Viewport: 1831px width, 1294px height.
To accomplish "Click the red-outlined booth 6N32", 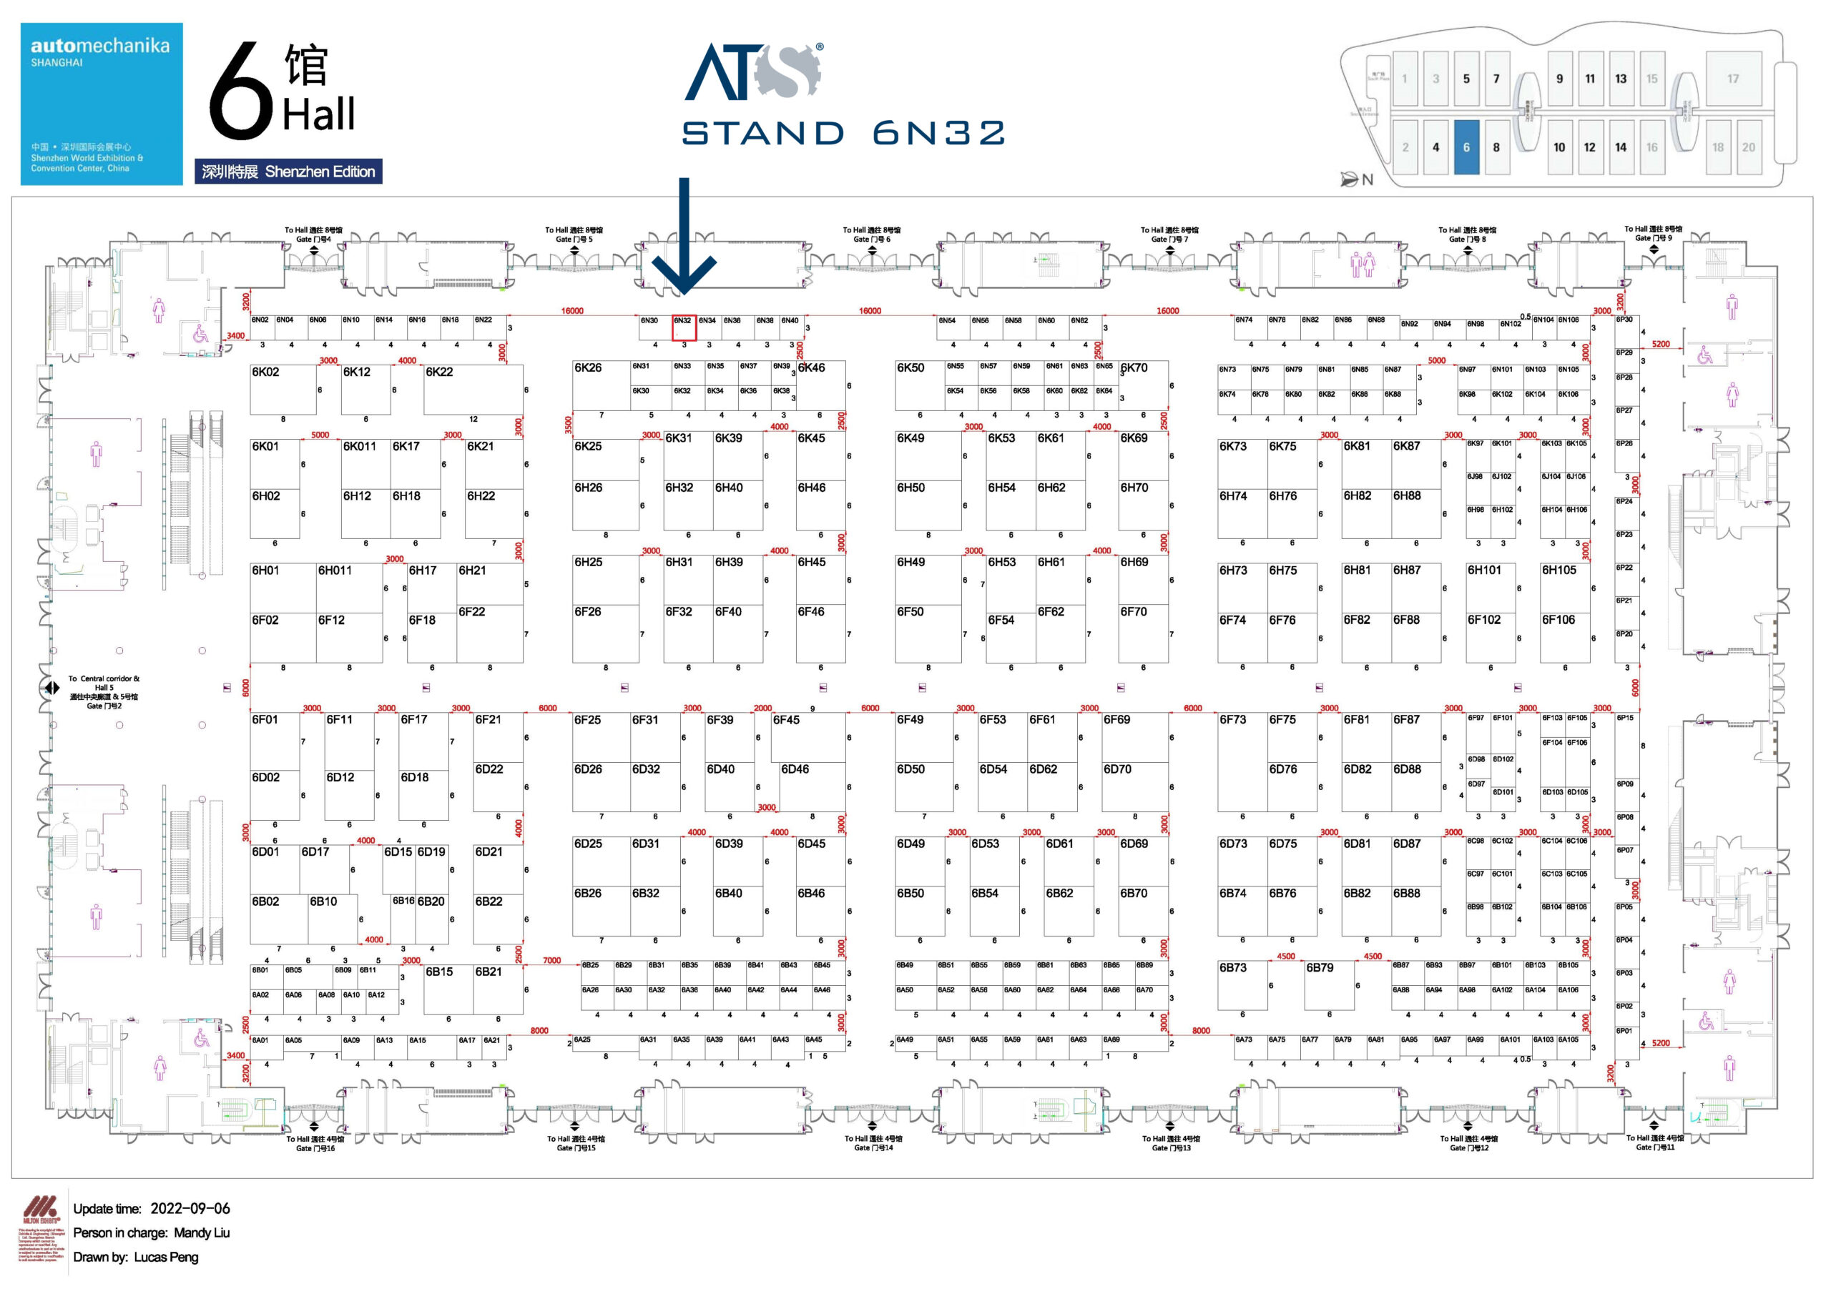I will [x=684, y=327].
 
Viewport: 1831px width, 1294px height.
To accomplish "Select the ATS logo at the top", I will [x=754, y=71].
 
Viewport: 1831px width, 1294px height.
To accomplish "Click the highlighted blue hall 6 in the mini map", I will [x=1466, y=147].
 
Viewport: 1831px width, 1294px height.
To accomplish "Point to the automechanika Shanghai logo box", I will [x=102, y=104].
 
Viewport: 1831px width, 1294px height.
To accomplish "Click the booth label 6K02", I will [x=265, y=372].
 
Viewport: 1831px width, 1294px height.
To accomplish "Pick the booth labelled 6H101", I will [x=1484, y=570].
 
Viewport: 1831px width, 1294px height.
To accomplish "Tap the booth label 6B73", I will [x=1233, y=967].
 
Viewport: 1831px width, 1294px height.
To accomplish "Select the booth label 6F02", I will [x=265, y=621].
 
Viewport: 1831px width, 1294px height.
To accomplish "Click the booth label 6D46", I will [x=795, y=769].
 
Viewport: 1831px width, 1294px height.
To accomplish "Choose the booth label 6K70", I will [x=1134, y=367].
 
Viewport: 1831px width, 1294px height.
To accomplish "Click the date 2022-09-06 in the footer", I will [x=190, y=1209].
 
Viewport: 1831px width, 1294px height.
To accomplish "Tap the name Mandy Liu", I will [x=201, y=1233].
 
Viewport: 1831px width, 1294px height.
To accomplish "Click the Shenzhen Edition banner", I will [x=288, y=172].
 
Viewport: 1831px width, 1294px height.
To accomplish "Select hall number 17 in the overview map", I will [x=1733, y=79].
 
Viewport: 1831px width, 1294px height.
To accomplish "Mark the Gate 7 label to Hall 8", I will [x=1169, y=234].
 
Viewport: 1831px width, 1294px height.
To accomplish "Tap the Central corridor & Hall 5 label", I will [x=104, y=691].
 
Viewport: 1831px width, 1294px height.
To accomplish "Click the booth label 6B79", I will [x=1320, y=967].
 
